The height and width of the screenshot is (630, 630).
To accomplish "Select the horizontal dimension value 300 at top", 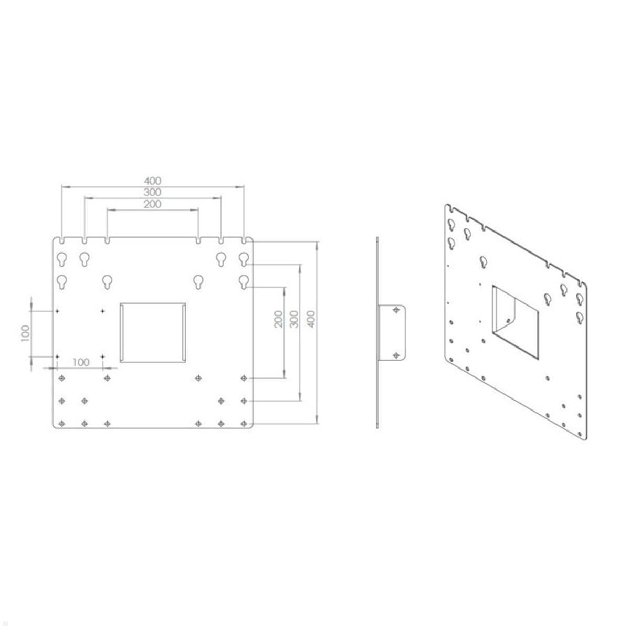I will click(x=153, y=193).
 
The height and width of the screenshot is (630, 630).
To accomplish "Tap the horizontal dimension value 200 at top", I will click(x=153, y=204).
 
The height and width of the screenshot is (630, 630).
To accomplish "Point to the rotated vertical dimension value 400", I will click(x=311, y=319).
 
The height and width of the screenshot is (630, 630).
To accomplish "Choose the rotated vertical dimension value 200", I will click(x=279, y=319).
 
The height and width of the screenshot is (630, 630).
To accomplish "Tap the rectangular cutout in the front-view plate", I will click(x=153, y=332).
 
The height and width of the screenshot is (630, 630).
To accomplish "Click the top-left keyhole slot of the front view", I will click(x=62, y=258).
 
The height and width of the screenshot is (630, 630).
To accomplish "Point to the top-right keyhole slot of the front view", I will click(x=244, y=258).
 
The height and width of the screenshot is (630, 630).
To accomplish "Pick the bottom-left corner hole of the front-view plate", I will click(x=62, y=423).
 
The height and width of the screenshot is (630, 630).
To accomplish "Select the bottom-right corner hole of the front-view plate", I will click(x=244, y=423).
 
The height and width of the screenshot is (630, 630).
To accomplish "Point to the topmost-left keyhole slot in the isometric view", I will click(x=450, y=224).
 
